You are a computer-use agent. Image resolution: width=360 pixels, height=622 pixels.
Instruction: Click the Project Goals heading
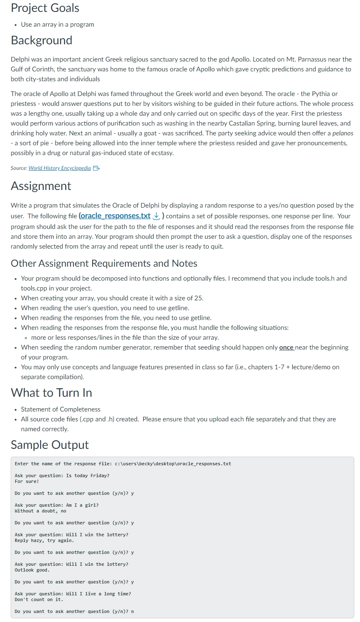[x=45, y=8]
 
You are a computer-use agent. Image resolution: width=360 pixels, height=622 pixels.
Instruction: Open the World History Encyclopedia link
[x=59, y=168]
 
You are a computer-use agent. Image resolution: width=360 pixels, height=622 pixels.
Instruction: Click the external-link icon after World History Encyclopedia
[x=96, y=168]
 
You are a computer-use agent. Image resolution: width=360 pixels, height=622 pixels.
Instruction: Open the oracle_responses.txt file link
[x=115, y=216]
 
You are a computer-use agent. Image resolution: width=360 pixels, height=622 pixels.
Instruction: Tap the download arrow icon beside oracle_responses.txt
[x=156, y=216]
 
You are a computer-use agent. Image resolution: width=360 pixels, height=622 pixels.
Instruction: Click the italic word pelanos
[x=342, y=133]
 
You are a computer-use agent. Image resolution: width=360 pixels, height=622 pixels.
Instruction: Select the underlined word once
[x=286, y=348]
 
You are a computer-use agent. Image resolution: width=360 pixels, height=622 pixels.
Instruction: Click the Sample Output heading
[x=50, y=445]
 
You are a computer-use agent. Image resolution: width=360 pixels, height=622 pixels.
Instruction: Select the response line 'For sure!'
[x=27, y=482]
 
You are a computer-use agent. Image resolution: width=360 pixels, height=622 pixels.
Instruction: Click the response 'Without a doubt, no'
[x=40, y=511]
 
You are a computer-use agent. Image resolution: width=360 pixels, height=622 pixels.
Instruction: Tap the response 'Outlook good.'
[x=32, y=570]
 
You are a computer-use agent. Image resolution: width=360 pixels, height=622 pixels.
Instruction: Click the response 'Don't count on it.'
[x=39, y=600]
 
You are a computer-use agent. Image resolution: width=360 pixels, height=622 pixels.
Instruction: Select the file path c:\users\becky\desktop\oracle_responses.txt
[x=173, y=464]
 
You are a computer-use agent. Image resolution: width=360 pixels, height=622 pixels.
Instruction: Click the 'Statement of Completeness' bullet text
[x=61, y=409]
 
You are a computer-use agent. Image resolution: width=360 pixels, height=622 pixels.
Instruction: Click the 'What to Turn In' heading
[x=51, y=393]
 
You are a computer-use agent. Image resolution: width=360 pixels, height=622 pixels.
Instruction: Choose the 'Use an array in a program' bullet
[x=57, y=25]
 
